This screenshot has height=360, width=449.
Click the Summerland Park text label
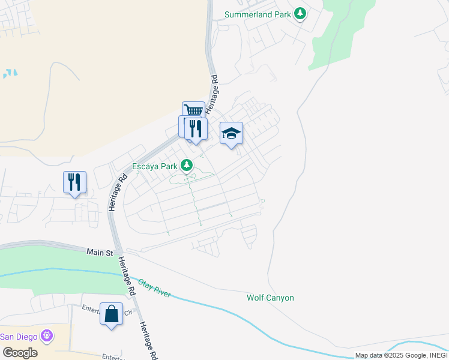click(x=258, y=14)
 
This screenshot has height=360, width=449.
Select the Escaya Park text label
click(x=155, y=166)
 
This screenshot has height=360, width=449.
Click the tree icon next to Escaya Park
click(x=187, y=165)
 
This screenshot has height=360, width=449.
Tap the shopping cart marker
click(x=193, y=110)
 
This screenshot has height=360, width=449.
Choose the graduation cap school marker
click(x=231, y=133)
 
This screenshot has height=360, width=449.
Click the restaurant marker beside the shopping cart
click(x=196, y=128)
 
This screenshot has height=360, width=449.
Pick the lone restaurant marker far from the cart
click(x=74, y=182)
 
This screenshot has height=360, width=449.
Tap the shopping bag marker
click(x=111, y=313)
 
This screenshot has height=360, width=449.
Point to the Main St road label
click(x=100, y=253)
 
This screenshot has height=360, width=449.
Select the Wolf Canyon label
click(x=270, y=298)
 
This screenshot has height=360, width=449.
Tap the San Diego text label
click(x=19, y=335)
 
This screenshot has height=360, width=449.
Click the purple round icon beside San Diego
click(x=47, y=335)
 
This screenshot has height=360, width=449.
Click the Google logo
click(x=20, y=353)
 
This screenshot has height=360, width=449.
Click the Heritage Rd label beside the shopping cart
click(x=212, y=95)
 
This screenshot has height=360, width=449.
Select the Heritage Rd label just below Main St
click(x=126, y=275)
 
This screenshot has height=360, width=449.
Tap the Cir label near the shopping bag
click(x=128, y=312)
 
